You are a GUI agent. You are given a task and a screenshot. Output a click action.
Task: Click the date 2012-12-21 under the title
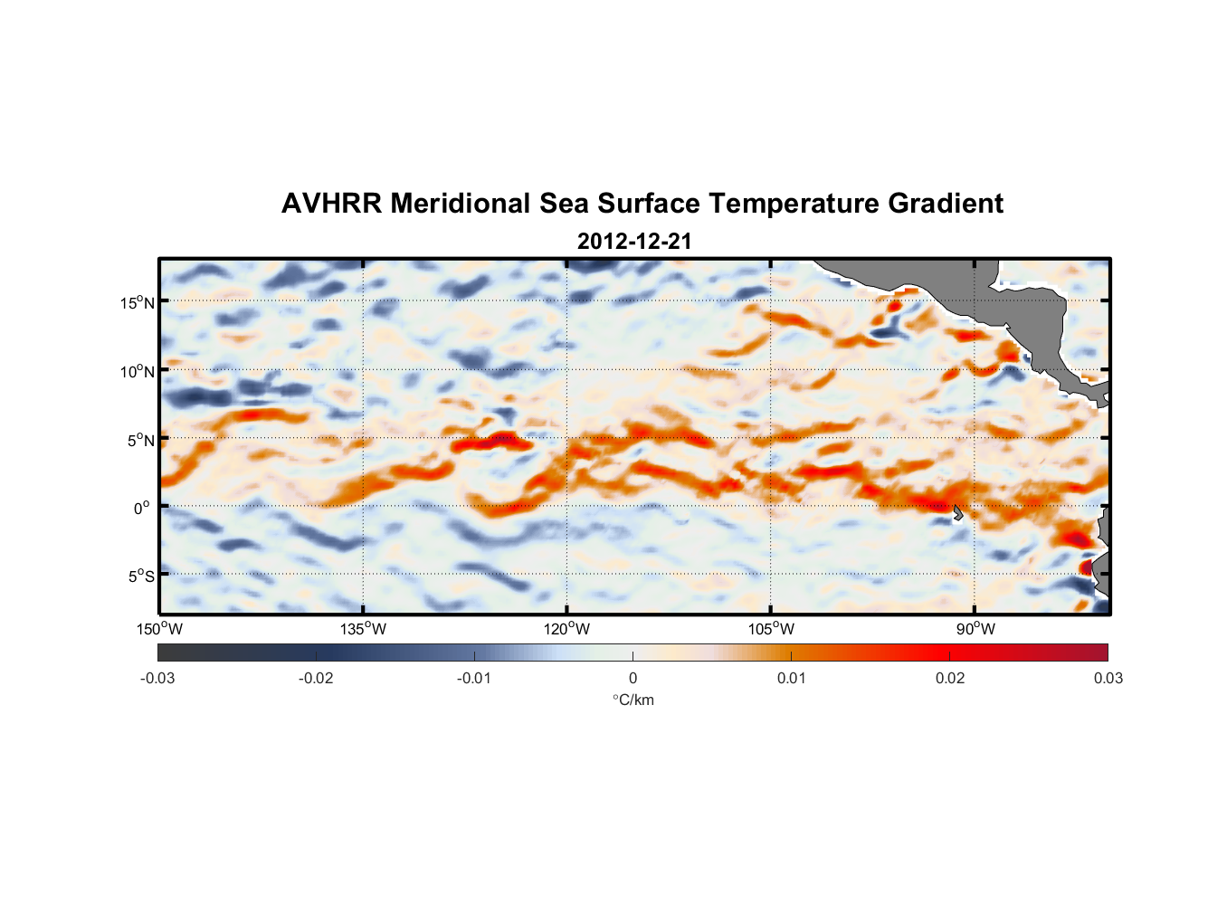[x=634, y=242]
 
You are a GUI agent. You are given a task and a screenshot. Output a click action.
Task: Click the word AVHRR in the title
[x=330, y=204]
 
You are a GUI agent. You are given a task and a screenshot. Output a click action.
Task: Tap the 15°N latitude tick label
[x=138, y=302]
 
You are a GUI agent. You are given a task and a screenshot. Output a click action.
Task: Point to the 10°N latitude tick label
[x=138, y=371]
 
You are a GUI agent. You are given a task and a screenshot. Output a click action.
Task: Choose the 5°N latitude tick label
[x=140, y=440]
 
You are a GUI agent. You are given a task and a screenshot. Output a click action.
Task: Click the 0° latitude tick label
[x=142, y=508]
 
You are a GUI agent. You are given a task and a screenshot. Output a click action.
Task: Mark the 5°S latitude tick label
[x=140, y=576]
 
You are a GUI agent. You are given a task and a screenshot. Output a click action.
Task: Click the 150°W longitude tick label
[x=160, y=629]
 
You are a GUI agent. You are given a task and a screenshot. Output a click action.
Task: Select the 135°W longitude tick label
[x=364, y=629]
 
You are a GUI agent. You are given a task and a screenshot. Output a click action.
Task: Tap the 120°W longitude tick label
[x=567, y=629]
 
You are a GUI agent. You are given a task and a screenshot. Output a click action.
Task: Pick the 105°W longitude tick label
[x=771, y=629]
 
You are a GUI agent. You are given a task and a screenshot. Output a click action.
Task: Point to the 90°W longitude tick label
[x=975, y=629]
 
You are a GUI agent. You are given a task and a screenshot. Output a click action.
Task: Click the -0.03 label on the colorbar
[x=157, y=678]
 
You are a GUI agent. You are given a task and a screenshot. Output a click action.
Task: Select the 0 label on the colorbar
[x=633, y=678]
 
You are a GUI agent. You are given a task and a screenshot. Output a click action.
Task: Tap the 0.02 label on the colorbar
[x=949, y=678]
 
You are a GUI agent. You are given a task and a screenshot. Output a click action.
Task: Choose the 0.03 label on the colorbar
[x=1108, y=678]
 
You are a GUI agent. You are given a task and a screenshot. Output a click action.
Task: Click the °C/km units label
[x=633, y=700]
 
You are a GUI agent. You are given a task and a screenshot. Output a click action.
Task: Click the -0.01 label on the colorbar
[x=474, y=678]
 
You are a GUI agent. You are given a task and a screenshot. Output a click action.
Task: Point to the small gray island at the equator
[x=958, y=513]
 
